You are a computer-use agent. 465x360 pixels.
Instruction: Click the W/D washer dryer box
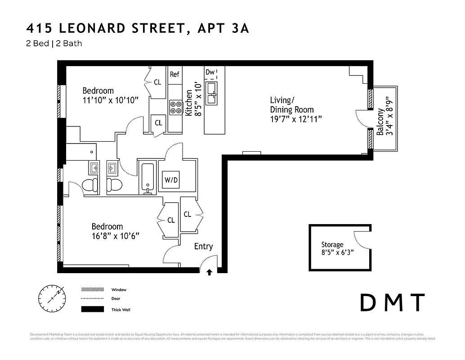170,180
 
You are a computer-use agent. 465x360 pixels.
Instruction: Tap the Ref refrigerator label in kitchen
174,75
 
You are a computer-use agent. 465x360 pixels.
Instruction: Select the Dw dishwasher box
210,72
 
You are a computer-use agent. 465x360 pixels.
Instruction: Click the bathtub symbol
147,177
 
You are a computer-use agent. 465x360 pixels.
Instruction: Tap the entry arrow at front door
209,272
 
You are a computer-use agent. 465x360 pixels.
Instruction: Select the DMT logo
393,302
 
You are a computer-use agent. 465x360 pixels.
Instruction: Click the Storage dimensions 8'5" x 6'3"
337,252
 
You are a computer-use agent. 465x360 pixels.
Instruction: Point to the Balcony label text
380,122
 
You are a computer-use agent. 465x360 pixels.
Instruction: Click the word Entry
203,247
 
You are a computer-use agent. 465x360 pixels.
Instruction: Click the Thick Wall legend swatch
92,310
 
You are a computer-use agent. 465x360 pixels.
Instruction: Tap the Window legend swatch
92,289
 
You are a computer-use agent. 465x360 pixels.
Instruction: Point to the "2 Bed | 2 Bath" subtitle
54,44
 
